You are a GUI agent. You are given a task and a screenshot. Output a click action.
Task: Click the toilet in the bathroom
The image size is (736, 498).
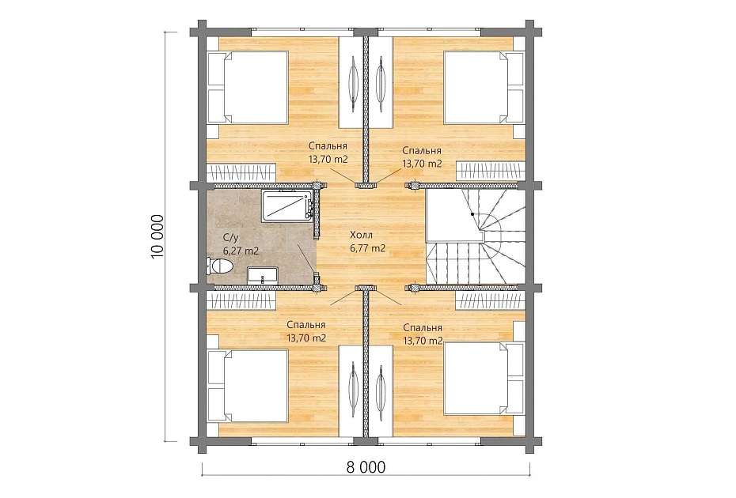click(219, 266)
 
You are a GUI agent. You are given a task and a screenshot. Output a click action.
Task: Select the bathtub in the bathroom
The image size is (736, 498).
click(288, 205)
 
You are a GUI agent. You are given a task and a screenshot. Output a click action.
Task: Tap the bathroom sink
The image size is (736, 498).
click(263, 275)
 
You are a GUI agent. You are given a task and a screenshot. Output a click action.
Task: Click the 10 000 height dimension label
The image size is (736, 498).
click(157, 236)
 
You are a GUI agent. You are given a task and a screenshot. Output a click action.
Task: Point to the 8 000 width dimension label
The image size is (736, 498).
click(366, 467)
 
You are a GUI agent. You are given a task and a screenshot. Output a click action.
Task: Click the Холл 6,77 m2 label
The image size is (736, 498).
click(367, 242)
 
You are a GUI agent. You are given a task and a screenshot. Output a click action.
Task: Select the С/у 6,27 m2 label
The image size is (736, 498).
click(241, 244)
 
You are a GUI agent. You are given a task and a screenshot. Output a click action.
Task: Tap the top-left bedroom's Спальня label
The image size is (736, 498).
click(328, 145)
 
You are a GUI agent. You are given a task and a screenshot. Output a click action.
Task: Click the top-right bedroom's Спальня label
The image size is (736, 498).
click(422, 150)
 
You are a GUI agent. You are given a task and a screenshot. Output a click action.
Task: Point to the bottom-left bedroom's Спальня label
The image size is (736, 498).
click(306, 325)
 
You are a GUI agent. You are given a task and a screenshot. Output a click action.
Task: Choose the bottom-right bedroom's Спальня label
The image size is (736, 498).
click(423, 328)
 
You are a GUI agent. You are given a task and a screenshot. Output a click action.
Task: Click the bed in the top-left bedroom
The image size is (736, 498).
click(248, 88)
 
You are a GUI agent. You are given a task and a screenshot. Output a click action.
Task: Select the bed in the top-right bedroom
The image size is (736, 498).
click(484, 88)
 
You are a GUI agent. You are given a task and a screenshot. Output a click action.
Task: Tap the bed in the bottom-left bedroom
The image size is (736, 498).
click(248, 386)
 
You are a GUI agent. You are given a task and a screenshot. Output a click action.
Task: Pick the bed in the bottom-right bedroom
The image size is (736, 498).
click(484, 379)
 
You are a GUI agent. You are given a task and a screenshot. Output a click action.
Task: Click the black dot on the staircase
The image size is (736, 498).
click(472, 214)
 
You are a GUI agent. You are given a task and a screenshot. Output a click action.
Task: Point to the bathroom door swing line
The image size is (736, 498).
click(305, 258)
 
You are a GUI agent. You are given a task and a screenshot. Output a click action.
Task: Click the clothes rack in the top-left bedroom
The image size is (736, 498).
click(241, 172)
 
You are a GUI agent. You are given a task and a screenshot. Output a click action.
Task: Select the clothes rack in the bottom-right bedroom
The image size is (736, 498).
click(491, 300)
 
